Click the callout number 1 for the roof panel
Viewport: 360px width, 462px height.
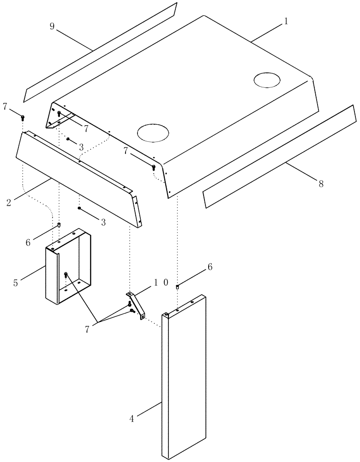click(286, 21)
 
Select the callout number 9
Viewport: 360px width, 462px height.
click(52, 26)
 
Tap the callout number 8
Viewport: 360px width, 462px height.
click(320, 183)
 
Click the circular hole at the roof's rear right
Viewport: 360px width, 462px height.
click(267, 80)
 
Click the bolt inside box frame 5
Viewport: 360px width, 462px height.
click(66, 275)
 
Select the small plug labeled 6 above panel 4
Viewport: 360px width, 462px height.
click(178, 287)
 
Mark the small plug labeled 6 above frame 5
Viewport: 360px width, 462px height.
click(59, 225)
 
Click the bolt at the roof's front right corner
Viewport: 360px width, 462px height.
click(154, 168)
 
